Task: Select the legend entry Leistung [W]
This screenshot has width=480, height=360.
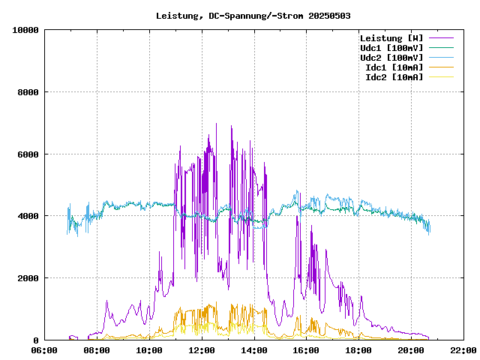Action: click(x=391, y=38)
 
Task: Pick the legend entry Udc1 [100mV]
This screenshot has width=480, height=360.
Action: click(x=391, y=48)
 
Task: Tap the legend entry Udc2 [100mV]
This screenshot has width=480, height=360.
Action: click(x=391, y=58)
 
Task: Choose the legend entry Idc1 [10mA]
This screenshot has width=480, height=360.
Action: click(x=394, y=67)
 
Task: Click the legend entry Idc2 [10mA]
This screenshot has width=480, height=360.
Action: click(x=394, y=77)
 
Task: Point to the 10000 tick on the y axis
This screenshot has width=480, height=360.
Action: click(x=25, y=30)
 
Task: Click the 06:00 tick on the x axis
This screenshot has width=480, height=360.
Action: click(x=44, y=350)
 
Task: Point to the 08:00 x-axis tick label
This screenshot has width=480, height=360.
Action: click(x=97, y=350)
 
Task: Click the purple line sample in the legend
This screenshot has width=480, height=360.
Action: click(x=441, y=38)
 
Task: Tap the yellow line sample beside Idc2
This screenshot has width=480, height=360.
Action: click(x=441, y=77)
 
